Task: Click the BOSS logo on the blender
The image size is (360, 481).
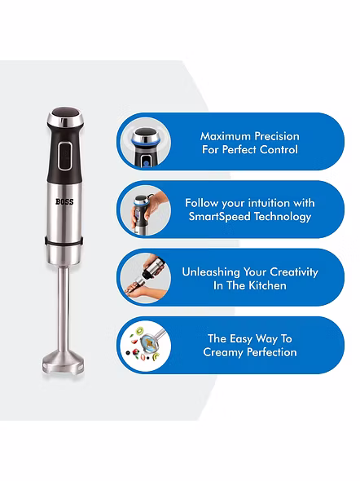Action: pos(64,201)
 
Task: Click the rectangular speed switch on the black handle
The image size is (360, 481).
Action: pos(65,156)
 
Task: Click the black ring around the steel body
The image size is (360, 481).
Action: pos(64,241)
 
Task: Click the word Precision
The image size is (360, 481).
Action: pos(277,136)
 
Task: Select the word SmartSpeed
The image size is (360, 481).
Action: pos(219,216)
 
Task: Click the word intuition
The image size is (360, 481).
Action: pos(269,203)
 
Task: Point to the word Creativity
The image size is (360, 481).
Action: pos(293,271)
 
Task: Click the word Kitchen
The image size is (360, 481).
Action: pos(267,285)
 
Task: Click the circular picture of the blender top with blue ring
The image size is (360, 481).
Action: pos(145,142)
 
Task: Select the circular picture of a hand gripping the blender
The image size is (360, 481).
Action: pos(145,210)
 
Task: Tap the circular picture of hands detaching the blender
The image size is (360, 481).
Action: pos(145,278)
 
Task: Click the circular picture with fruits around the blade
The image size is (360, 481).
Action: pos(145,346)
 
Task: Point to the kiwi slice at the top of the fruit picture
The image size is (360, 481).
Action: pos(140,330)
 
